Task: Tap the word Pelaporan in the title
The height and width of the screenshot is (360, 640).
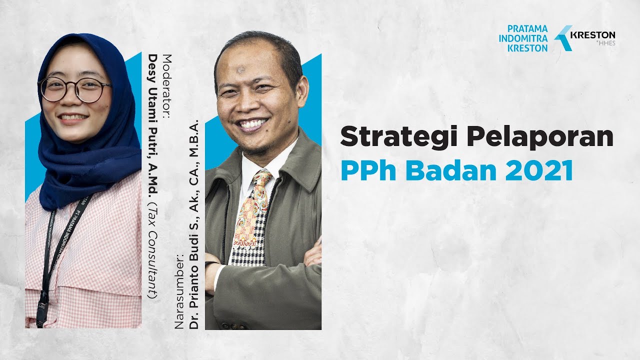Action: point(540,137)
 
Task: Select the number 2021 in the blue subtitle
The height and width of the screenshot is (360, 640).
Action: point(539,170)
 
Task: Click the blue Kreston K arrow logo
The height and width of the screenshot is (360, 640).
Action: point(563,38)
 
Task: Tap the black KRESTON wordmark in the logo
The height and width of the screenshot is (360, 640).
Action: point(592,35)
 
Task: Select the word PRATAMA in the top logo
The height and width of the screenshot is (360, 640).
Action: point(527,28)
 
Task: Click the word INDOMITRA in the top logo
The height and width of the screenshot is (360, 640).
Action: point(523,38)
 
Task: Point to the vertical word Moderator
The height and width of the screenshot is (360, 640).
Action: point(167,87)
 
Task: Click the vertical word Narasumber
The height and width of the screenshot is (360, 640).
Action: point(179,290)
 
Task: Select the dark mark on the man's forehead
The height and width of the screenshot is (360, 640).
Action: point(241,69)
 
